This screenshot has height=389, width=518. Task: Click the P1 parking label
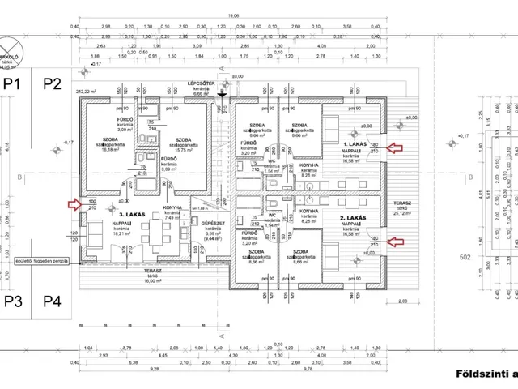[x=12, y=83]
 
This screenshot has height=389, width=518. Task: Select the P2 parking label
[x=52, y=83]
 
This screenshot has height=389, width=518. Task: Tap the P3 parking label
[x=12, y=302]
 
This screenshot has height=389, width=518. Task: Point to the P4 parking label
[x=52, y=302]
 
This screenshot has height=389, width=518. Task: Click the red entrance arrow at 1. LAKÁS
[x=393, y=147]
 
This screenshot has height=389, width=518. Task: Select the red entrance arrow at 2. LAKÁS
[x=393, y=240]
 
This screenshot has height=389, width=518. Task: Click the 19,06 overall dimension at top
[x=233, y=15]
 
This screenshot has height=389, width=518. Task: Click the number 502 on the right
[x=465, y=258]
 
